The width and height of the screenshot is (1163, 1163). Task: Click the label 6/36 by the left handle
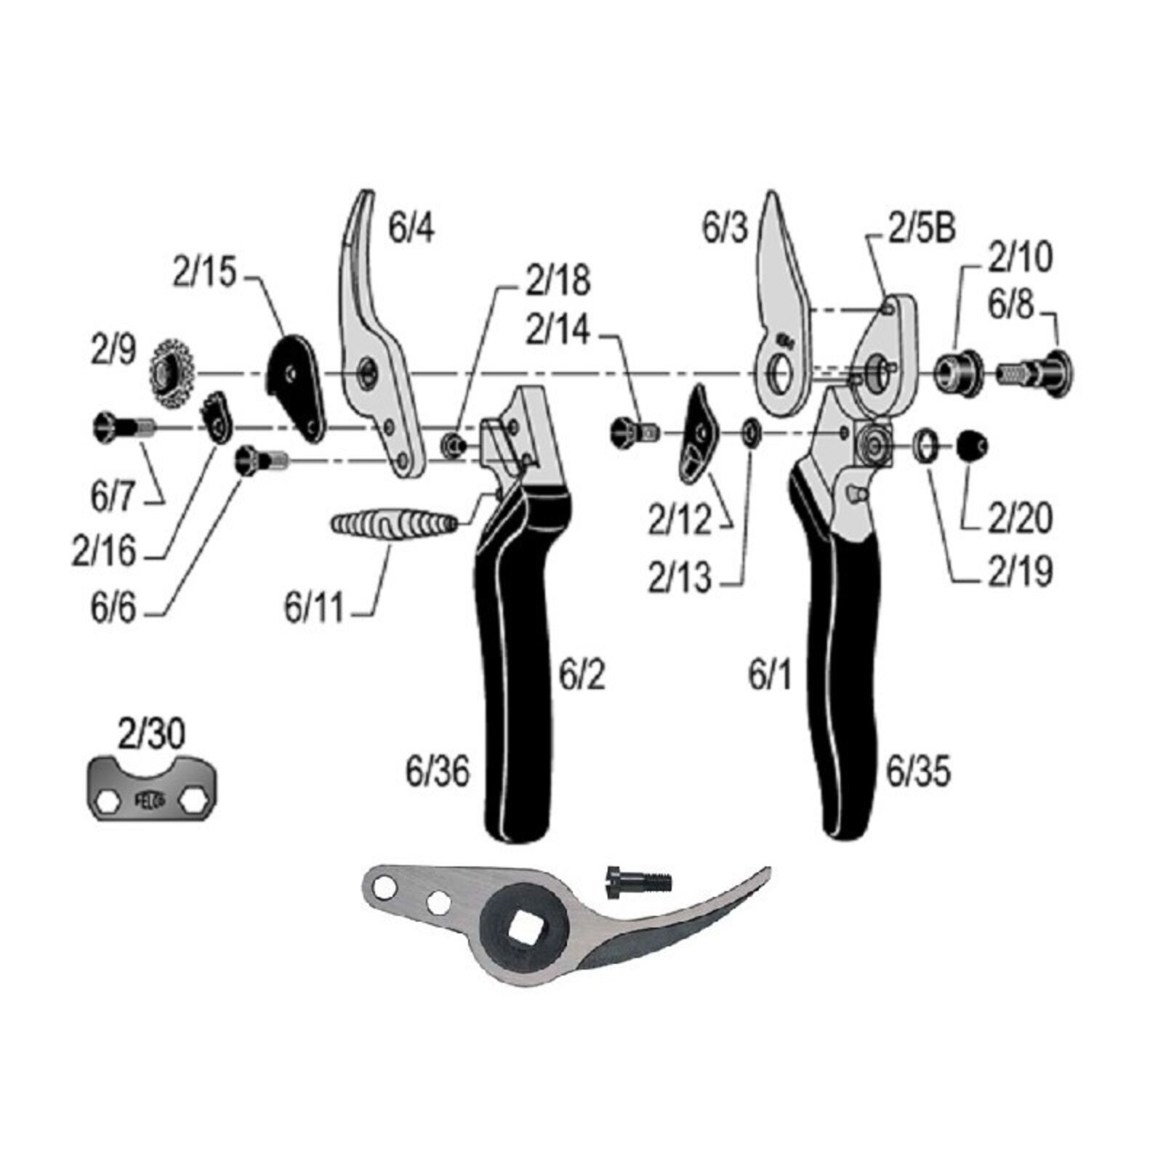[x=438, y=772]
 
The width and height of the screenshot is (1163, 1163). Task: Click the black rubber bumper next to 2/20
[x=970, y=443]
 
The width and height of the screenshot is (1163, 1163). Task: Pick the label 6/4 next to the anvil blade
[x=412, y=228]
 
